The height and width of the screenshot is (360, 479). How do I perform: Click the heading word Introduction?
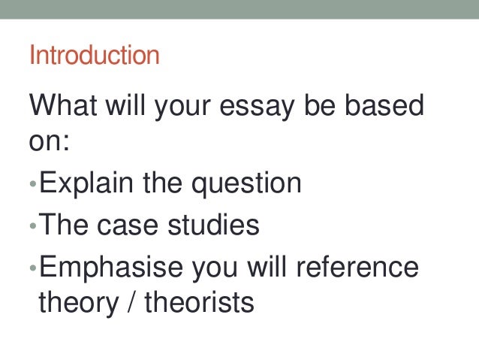[x=94, y=55]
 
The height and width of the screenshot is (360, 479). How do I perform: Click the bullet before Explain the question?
[x=33, y=185]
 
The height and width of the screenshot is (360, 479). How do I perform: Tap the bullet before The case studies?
[x=33, y=225]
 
